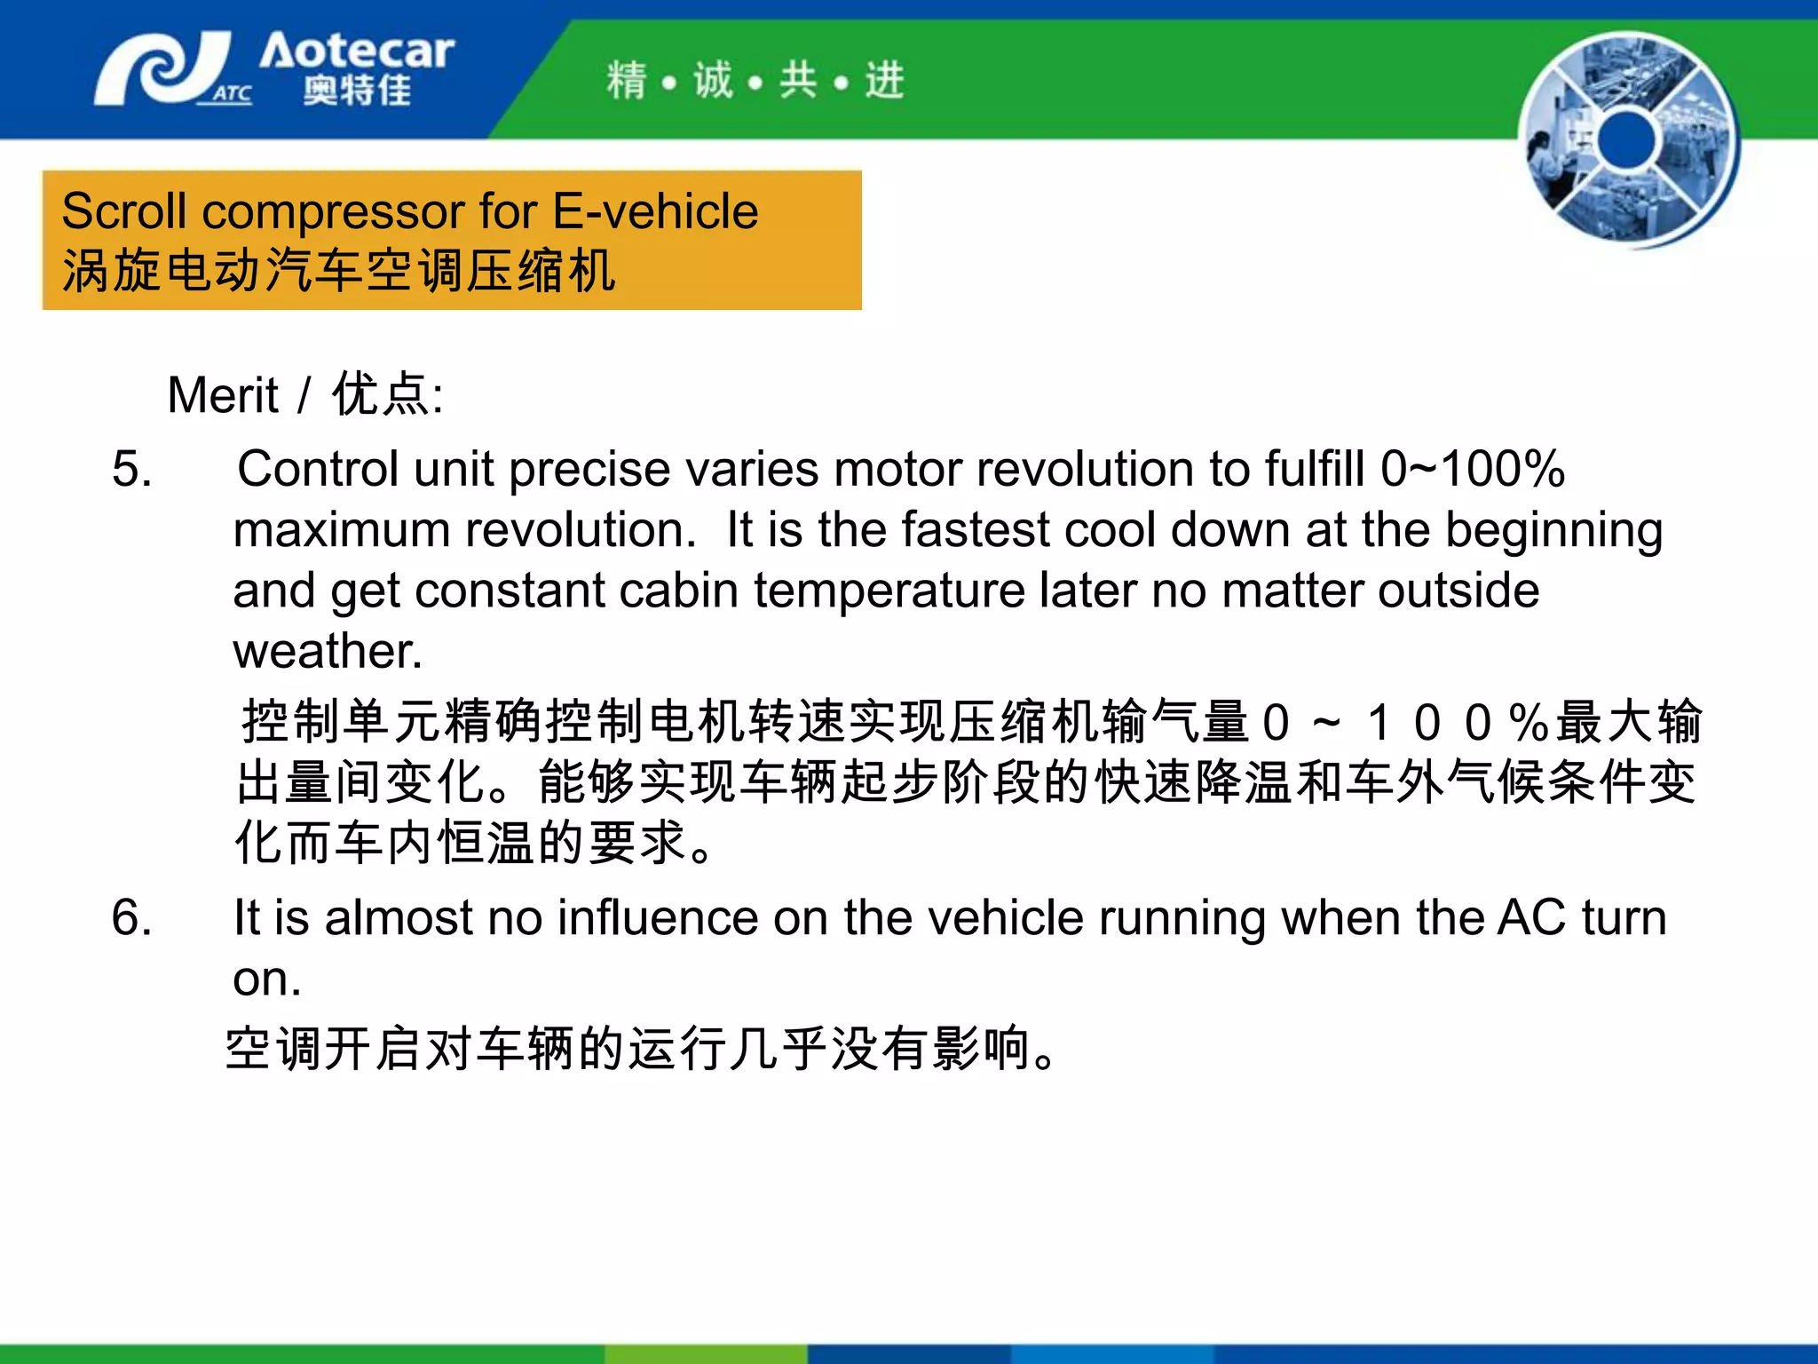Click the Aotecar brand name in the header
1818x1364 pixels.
point(357,52)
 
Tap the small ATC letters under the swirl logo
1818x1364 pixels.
point(232,93)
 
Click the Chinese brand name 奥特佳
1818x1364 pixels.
point(357,90)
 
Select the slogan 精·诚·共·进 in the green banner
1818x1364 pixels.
point(755,81)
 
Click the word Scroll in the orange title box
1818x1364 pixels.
point(124,211)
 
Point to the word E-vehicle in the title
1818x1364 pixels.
point(655,211)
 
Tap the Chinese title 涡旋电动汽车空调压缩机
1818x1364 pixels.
point(338,271)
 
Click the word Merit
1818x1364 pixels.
point(223,395)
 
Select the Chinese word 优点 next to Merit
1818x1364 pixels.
point(381,394)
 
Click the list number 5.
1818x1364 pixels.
point(131,469)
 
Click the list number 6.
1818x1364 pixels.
point(131,917)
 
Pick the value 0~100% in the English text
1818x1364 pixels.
point(1472,469)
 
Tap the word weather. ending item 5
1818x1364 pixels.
point(328,651)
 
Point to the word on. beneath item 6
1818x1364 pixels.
point(267,979)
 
